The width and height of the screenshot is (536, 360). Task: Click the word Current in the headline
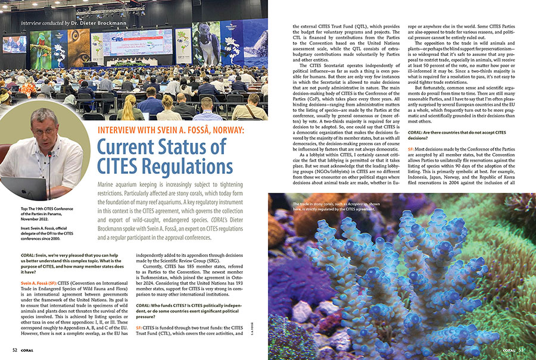click(x=132, y=146)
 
